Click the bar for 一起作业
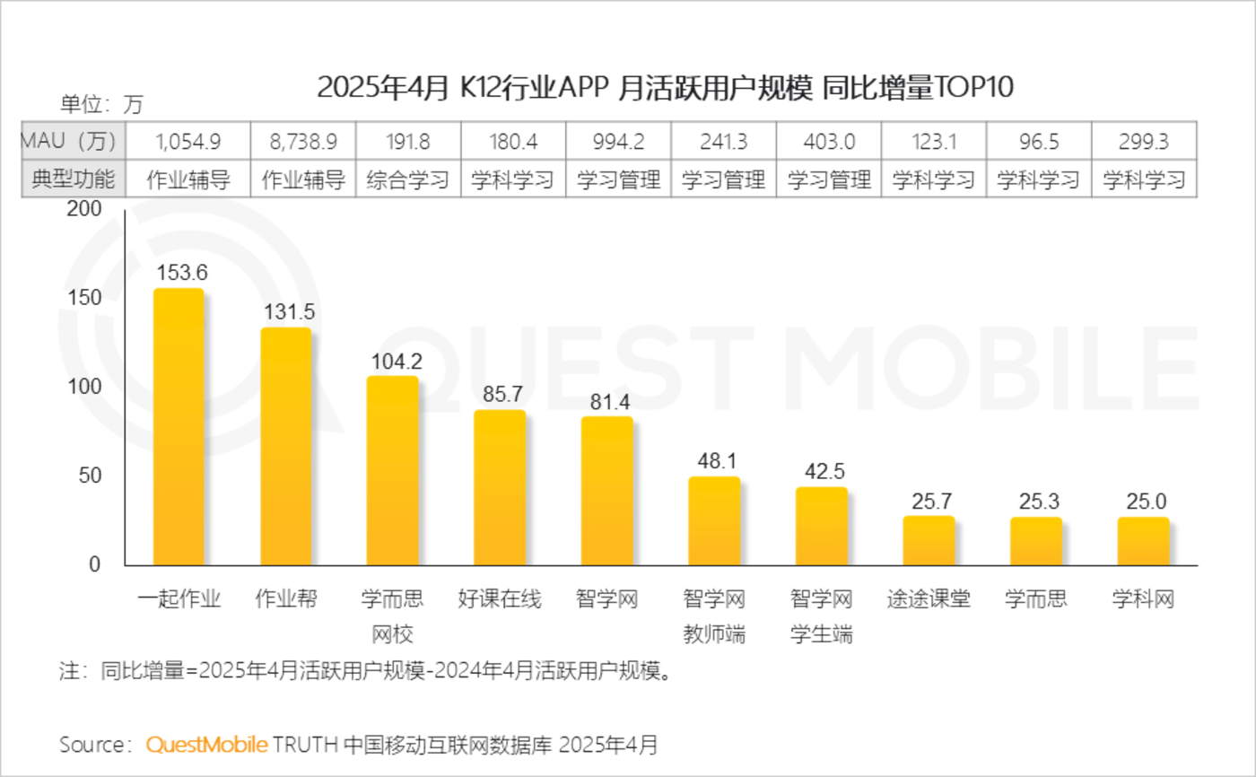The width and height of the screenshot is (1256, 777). pyautogui.click(x=179, y=427)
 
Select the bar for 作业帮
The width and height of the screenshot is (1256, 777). pyautogui.click(x=285, y=447)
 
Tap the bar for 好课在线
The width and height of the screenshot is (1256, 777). pyautogui.click(x=500, y=488)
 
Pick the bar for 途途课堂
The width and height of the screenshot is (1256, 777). pyautogui.click(x=929, y=541)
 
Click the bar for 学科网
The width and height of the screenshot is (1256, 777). pyautogui.click(x=1143, y=541)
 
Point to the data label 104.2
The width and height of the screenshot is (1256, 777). pyautogui.click(x=393, y=361)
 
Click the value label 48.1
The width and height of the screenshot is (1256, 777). pyautogui.click(x=715, y=461)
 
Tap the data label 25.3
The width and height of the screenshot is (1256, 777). pyautogui.click(x=1036, y=502)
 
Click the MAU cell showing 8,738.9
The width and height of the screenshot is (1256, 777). pyautogui.click(x=303, y=141)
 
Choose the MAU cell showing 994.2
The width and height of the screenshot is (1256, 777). pyautogui.click(x=618, y=141)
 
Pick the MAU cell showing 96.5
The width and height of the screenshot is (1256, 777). pyautogui.click(x=1038, y=141)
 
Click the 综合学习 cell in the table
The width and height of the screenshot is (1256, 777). pyautogui.click(x=408, y=179)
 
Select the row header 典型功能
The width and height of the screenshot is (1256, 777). pyautogui.click(x=74, y=179)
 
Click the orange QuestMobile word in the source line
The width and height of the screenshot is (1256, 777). pyautogui.click(x=206, y=744)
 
